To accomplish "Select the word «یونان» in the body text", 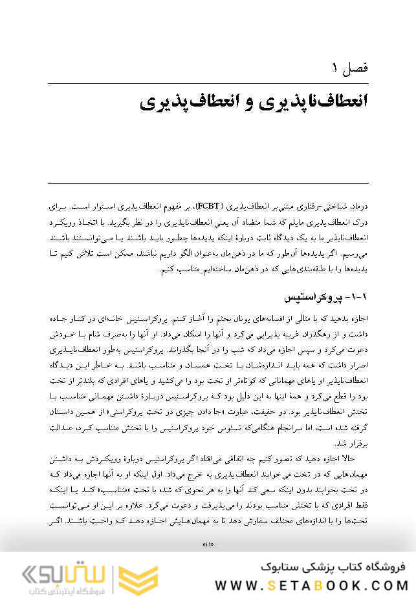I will (222, 320).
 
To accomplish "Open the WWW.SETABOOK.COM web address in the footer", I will (311, 585).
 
